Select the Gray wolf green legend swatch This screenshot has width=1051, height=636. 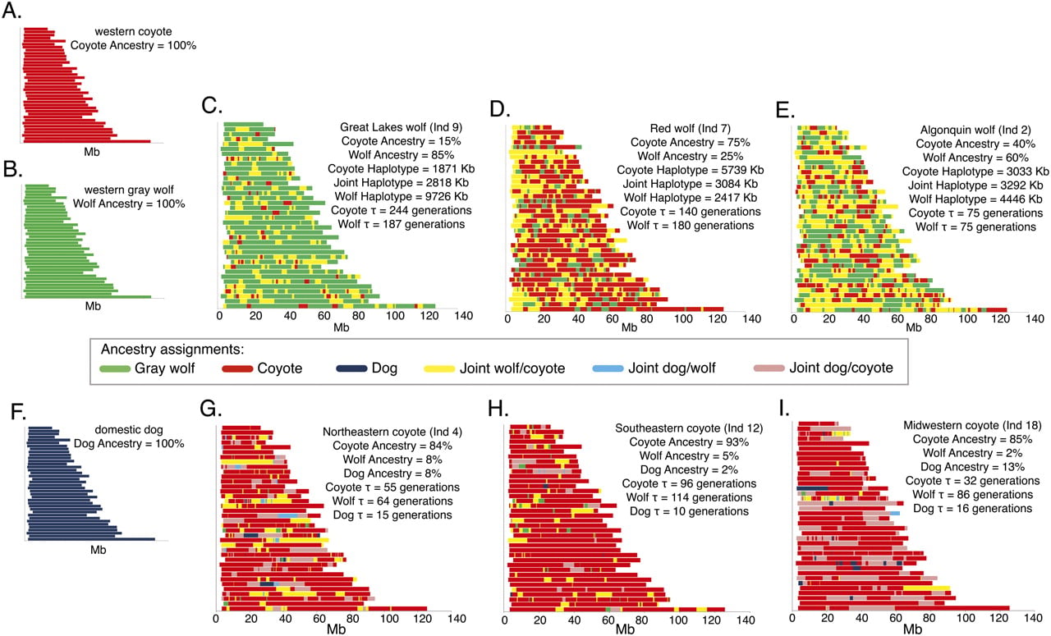(115, 368)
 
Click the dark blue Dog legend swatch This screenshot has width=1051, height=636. (351, 368)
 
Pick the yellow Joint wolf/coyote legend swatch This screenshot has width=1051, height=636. (439, 368)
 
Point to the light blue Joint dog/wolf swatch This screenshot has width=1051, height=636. (608, 368)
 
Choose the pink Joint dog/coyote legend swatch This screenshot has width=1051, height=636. (769, 368)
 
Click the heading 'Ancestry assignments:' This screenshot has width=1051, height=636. (172, 350)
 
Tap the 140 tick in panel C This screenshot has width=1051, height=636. (464, 316)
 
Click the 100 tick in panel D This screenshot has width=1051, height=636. (683, 319)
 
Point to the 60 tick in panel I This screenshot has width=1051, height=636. (896, 618)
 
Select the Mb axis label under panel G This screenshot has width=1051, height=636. (336, 629)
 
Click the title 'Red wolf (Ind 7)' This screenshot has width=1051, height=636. (691, 129)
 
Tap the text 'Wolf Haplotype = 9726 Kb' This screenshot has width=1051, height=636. (402, 196)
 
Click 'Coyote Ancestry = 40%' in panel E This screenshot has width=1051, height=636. (975, 144)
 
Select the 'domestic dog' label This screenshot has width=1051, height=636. (129, 430)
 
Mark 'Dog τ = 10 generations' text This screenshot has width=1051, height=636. (689, 511)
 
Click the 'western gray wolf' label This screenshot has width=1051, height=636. (129, 190)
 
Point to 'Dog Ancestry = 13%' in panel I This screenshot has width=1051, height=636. (973, 467)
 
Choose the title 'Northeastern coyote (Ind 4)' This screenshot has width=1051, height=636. (392, 432)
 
